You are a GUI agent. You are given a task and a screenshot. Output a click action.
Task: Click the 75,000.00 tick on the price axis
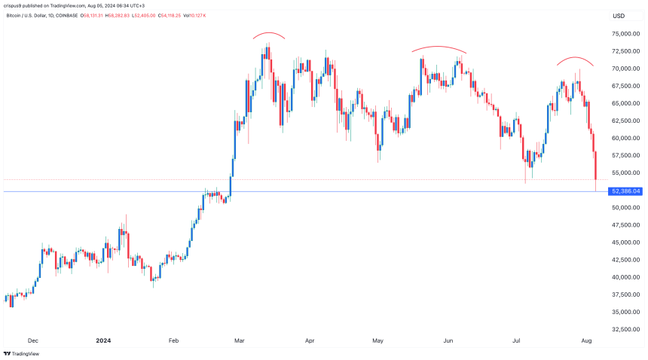click(627, 34)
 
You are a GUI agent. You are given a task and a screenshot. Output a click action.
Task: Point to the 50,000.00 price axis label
click(627, 208)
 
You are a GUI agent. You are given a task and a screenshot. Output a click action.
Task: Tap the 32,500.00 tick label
click(627, 329)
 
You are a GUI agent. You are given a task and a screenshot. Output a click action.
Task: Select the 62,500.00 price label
click(627, 121)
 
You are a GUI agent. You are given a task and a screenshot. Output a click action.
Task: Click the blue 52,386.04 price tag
click(625, 191)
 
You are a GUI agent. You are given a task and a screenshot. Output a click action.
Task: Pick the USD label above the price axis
click(619, 16)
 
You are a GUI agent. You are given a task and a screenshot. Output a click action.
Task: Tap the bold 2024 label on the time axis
click(105, 340)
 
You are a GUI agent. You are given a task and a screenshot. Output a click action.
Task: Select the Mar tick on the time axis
click(239, 340)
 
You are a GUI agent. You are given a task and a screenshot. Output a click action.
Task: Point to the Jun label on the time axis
click(448, 340)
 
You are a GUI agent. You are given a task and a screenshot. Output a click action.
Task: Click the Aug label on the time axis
click(586, 340)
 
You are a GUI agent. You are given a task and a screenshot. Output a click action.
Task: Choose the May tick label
click(378, 340)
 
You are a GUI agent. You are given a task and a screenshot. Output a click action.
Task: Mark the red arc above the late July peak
click(576, 58)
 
